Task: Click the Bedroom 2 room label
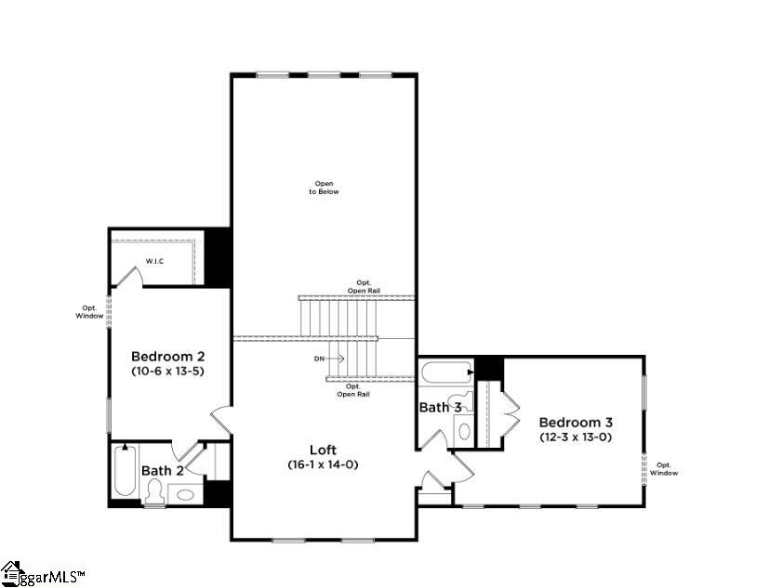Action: pos(167,356)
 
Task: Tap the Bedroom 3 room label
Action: pos(577,422)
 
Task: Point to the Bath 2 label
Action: pos(163,471)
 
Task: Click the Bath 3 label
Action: pos(441,407)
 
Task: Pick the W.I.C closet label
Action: pos(154,261)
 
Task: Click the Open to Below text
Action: pos(324,188)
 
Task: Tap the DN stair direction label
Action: pos(320,358)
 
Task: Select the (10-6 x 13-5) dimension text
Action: pos(167,372)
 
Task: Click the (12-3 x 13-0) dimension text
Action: pos(577,437)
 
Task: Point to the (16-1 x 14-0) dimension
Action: pos(323,464)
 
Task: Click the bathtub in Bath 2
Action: pos(123,472)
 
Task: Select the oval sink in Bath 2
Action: pos(185,494)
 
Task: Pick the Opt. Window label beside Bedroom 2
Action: pos(89,312)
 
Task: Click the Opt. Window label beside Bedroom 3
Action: pos(664,469)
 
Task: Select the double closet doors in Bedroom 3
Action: pos(508,412)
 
